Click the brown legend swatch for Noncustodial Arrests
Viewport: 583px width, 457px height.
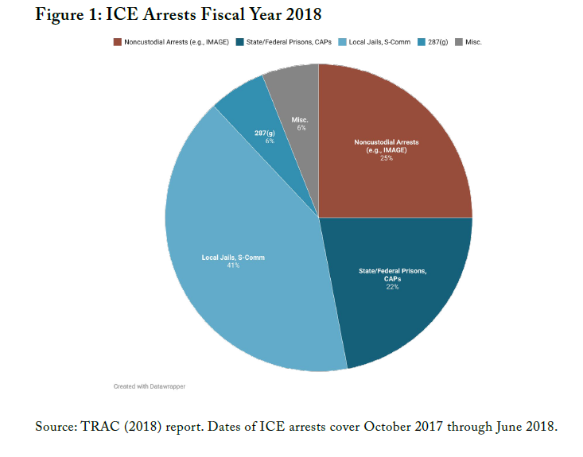click(117, 41)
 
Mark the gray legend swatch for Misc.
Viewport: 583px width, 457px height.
click(457, 41)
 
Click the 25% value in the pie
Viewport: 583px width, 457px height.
click(387, 158)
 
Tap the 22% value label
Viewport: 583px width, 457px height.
click(393, 287)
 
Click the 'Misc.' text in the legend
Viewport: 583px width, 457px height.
click(473, 41)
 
